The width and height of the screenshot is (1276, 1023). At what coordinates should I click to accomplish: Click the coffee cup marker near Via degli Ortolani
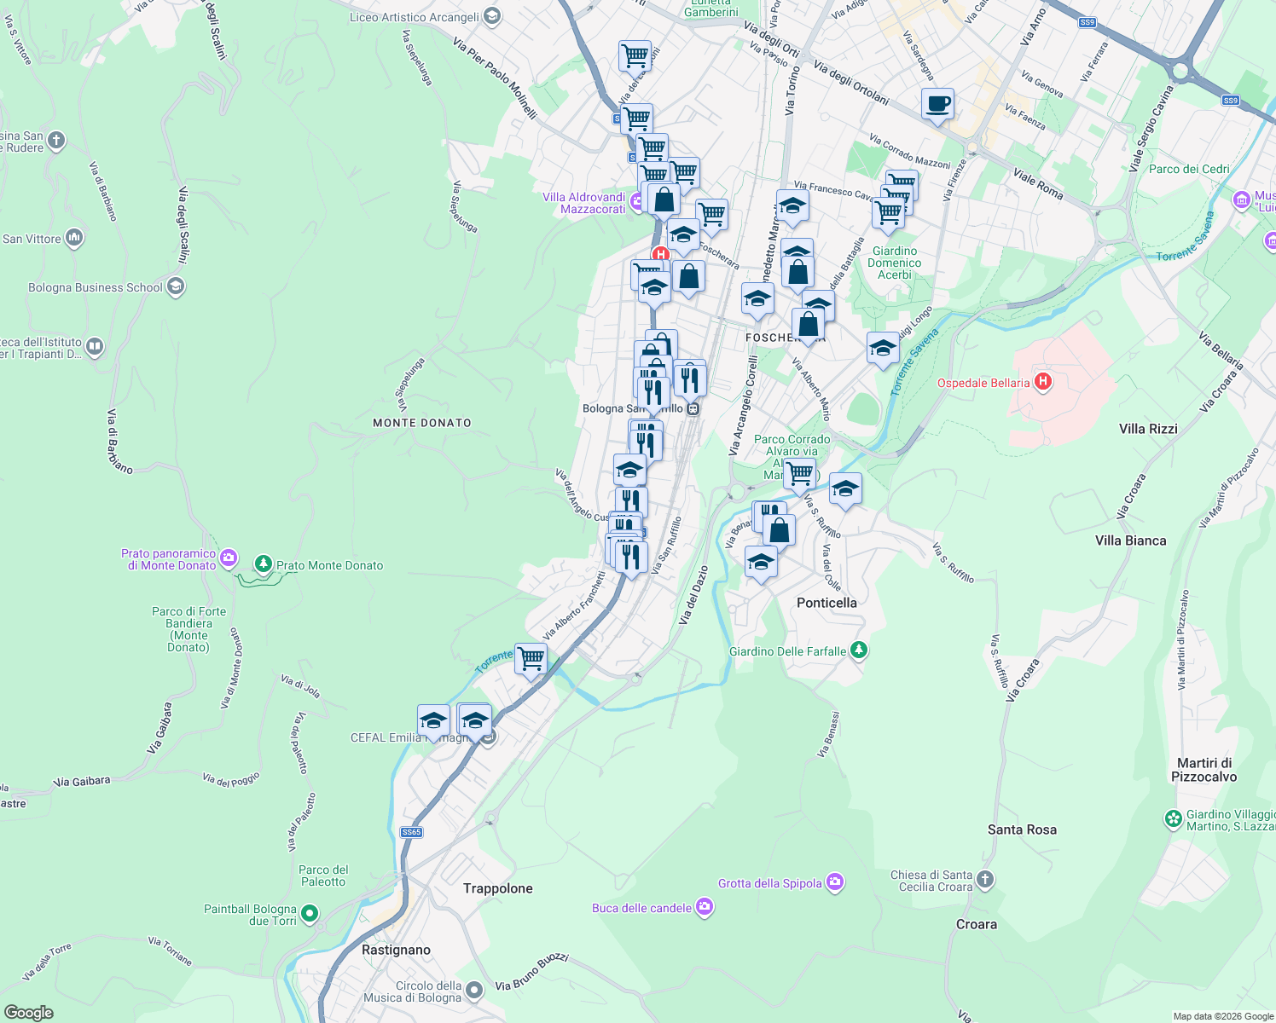tap(937, 105)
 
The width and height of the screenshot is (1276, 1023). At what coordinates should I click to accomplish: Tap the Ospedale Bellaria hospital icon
tap(1042, 382)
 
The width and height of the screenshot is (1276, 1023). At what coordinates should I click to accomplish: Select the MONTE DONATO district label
tap(422, 423)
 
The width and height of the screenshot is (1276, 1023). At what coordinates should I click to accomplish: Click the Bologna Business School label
tap(96, 287)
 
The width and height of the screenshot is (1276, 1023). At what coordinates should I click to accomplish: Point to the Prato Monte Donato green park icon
tap(264, 564)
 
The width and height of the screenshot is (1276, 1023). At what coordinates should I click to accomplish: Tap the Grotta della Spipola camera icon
tap(835, 883)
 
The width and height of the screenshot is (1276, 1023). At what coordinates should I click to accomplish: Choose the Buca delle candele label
tap(641, 908)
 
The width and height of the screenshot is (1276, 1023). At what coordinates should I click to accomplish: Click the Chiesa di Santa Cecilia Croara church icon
tap(985, 880)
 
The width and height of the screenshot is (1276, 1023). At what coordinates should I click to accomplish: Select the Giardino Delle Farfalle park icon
tap(859, 650)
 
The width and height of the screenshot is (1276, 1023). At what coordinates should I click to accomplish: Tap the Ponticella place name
tap(826, 603)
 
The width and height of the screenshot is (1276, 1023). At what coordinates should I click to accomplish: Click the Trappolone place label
tap(497, 888)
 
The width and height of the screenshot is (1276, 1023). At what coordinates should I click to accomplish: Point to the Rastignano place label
tap(396, 950)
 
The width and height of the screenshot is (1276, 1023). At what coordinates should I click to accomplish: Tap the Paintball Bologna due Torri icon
tap(310, 914)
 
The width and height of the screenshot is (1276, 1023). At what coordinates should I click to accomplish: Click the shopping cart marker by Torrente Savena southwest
tap(531, 659)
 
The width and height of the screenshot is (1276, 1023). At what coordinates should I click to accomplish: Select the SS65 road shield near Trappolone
tap(411, 832)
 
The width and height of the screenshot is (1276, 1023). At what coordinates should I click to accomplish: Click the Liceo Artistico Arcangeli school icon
tap(491, 16)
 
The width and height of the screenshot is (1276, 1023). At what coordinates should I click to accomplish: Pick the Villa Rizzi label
tap(1148, 429)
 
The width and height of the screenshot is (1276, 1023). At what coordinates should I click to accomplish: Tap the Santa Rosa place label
tap(1022, 829)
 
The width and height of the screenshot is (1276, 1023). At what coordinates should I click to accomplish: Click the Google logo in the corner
tap(28, 1012)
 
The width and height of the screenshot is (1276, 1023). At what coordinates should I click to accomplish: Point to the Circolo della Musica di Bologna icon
tap(474, 990)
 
